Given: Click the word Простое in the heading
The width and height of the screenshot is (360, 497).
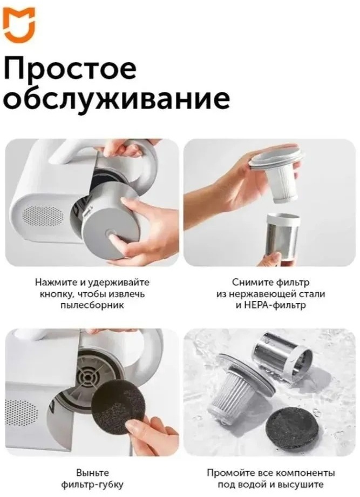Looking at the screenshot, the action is [70, 69].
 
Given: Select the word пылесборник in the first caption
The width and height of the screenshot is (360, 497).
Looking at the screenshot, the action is [92, 305].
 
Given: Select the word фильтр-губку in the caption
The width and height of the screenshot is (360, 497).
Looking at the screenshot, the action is [92, 485].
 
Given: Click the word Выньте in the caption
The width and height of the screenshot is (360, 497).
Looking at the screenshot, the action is [92, 473].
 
